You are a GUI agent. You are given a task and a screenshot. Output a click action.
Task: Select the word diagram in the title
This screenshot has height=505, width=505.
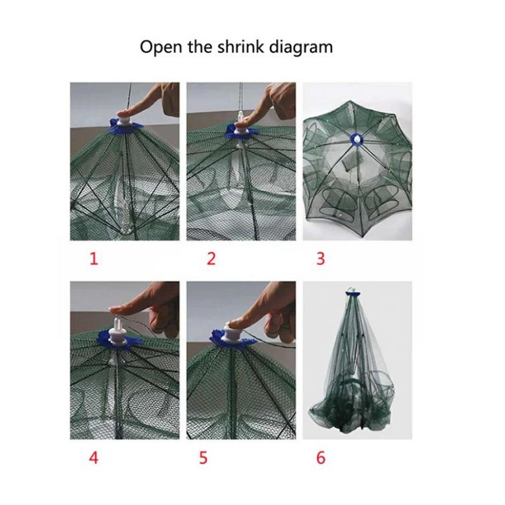pyautogui.click(x=304, y=47)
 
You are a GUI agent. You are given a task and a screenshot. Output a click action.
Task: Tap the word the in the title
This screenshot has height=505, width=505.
pyautogui.click(x=201, y=47)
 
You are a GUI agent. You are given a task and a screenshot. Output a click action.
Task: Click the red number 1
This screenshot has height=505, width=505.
pyautogui.click(x=94, y=259)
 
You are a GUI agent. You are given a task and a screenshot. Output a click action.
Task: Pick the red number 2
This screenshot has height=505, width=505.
pyautogui.click(x=211, y=259)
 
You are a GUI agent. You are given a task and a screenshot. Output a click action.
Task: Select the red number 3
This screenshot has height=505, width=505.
pyautogui.click(x=321, y=259)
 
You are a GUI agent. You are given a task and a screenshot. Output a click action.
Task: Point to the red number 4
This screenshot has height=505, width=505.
pyautogui.click(x=93, y=457)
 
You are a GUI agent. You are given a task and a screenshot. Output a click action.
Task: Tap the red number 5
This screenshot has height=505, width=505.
pyautogui.click(x=203, y=457)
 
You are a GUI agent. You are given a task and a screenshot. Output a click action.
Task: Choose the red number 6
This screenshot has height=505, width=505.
pyautogui.click(x=321, y=457)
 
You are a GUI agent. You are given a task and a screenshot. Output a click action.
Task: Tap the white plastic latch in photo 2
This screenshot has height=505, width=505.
pyautogui.click(x=240, y=126)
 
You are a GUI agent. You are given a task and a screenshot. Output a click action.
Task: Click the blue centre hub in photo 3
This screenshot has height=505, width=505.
pyautogui.click(x=356, y=139)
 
